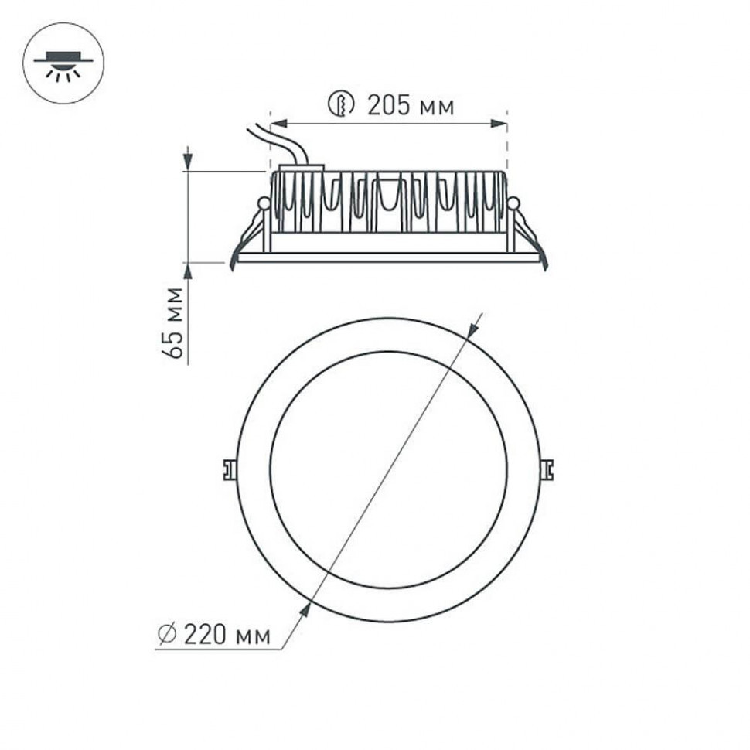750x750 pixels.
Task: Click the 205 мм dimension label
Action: point(411,105)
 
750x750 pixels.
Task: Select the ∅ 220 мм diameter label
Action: point(214,636)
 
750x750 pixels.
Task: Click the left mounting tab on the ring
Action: point(228,469)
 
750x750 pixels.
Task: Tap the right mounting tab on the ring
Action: point(547,469)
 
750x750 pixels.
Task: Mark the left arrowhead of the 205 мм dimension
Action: point(278,122)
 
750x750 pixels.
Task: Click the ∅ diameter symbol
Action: point(167,636)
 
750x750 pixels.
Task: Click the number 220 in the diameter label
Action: point(205,636)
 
